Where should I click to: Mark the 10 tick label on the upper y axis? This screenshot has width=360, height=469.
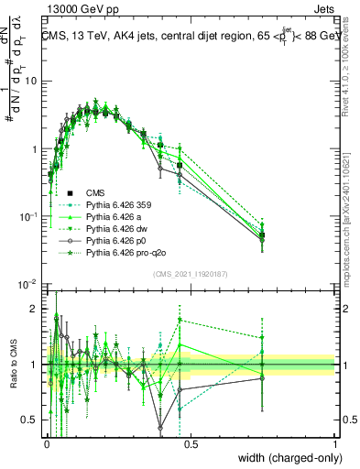pos(31,81)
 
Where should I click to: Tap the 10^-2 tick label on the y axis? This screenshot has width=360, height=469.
pos(28,284)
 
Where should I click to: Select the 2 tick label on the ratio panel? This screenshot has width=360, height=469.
pos(36,309)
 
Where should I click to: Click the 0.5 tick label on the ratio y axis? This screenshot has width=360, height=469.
pos(31,420)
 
